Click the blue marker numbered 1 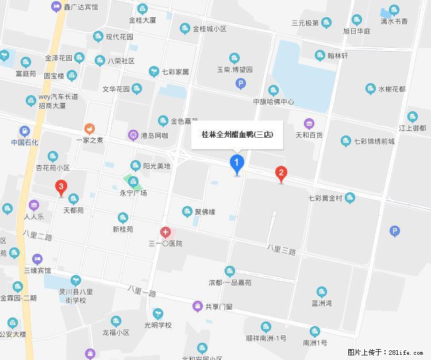tap(236, 163)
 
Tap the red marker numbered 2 tap(281, 173)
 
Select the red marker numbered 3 tap(60, 187)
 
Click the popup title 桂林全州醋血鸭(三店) tap(237, 135)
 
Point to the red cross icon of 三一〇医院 tap(166, 232)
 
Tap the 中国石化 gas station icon tap(24, 131)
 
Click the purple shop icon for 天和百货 tap(309, 123)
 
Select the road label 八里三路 tap(281, 250)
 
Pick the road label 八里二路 tap(37, 235)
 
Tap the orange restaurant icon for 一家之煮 tap(89, 128)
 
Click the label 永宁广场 tap(133, 193)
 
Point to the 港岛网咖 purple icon tap(133, 136)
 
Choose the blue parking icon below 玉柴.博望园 tap(241, 85)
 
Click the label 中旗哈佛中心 tap(274, 102)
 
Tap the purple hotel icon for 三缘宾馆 tap(37, 258)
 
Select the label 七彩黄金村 tap(325, 198)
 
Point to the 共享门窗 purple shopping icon tap(198, 306)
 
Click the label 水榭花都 tap(391, 89)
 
